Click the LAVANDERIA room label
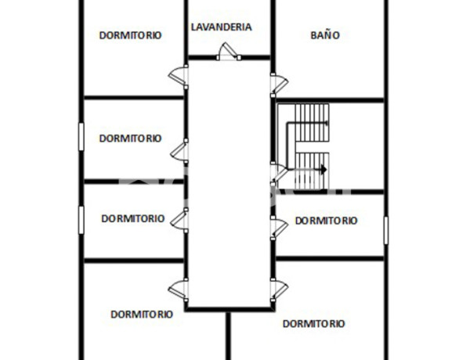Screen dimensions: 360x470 [222, 27]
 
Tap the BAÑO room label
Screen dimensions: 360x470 [324, 35]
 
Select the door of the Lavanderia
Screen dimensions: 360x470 [228, 53]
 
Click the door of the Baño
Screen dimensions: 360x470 [277, 82]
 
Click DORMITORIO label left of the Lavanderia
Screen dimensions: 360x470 [130, 35]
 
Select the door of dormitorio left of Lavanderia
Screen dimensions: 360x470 [179, 76]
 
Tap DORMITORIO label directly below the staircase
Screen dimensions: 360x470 [326, 221]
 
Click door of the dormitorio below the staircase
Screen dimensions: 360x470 [277, 227]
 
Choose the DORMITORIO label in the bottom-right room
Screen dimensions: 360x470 [314, 323]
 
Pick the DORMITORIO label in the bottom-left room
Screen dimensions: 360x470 [142, 315]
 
